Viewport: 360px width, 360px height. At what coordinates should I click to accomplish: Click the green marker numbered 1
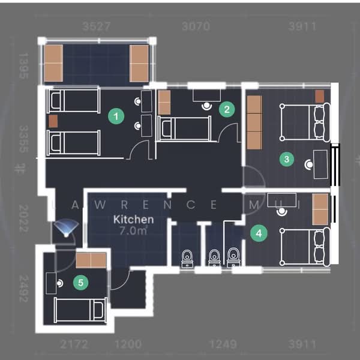point(115,116)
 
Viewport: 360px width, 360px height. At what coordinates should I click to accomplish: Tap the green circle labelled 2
point(226,109)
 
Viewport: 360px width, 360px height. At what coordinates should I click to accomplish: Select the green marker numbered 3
point(287,159)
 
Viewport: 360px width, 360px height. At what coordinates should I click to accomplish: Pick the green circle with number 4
point(259,233)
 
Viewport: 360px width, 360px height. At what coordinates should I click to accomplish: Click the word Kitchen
point(133,220)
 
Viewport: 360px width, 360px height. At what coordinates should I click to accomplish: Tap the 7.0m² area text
point(133,230)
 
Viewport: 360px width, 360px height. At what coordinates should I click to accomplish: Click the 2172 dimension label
point(75,344)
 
